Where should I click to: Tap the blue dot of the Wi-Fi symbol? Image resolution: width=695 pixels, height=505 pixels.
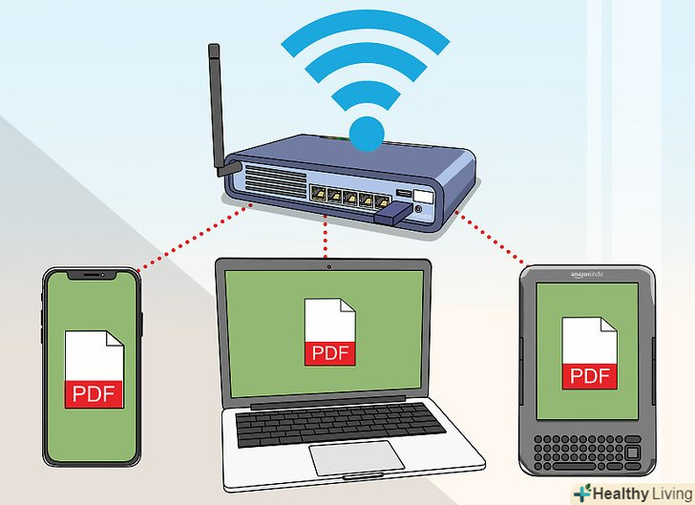tap(366, 135)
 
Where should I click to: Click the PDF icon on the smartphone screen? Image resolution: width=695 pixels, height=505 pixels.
tap(94, 370)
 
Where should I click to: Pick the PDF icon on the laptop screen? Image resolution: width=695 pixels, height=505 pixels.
tap(328, 332)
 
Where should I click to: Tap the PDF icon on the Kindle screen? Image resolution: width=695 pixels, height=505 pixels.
tap(587, 352)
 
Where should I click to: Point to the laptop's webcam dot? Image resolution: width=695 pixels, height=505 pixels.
tap(328, 266)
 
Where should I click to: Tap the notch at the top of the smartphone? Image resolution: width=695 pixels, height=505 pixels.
tap(92, 274)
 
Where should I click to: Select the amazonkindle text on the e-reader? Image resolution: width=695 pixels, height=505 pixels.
tap(587, 275)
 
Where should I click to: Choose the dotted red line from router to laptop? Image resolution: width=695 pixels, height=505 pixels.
tap(327, 240)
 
